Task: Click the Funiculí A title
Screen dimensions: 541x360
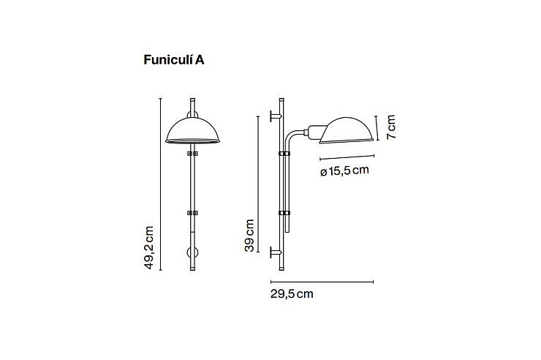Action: pos(174,60)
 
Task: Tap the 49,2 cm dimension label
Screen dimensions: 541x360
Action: pos(148,247)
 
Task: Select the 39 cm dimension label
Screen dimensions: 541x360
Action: pos(249,236)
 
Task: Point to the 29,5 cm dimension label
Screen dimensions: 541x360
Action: pos(292,293)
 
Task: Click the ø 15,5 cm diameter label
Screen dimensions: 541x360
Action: pos(344,170)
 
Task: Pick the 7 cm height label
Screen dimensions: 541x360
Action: pos(391,127)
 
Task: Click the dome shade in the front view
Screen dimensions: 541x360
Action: pos(192,130)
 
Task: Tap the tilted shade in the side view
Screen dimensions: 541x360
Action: pos(346,130)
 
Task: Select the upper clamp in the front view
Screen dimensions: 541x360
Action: pos(192,153)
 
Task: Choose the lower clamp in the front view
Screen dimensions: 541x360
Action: pos(192,213)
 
